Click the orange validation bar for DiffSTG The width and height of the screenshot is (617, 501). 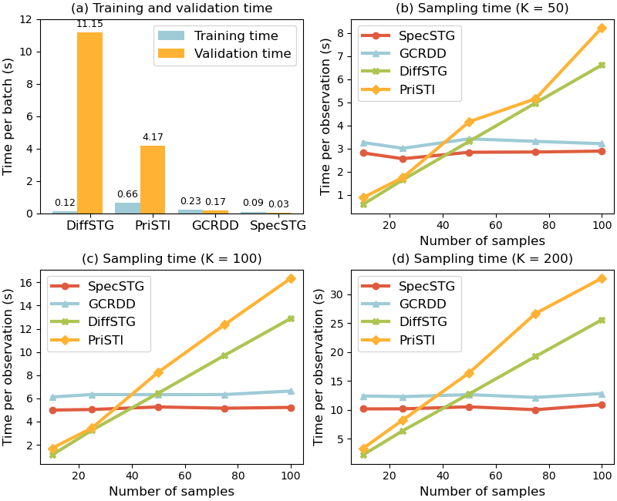(89, 123)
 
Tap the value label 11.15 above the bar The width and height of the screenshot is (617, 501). (89, 25)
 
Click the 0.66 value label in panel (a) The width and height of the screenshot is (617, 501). (127, 194)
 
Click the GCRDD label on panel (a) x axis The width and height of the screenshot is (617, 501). (204, 226)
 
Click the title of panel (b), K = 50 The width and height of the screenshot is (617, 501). (481, 8)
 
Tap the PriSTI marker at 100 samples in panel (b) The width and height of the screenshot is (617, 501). (602, 28)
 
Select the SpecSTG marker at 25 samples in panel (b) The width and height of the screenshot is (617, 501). (403, 159)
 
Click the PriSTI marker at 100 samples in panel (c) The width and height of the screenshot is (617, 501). (291, 278)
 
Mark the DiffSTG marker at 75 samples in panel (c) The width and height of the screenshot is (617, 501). (224, 355)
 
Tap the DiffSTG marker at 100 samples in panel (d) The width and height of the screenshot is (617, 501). (602, 320)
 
